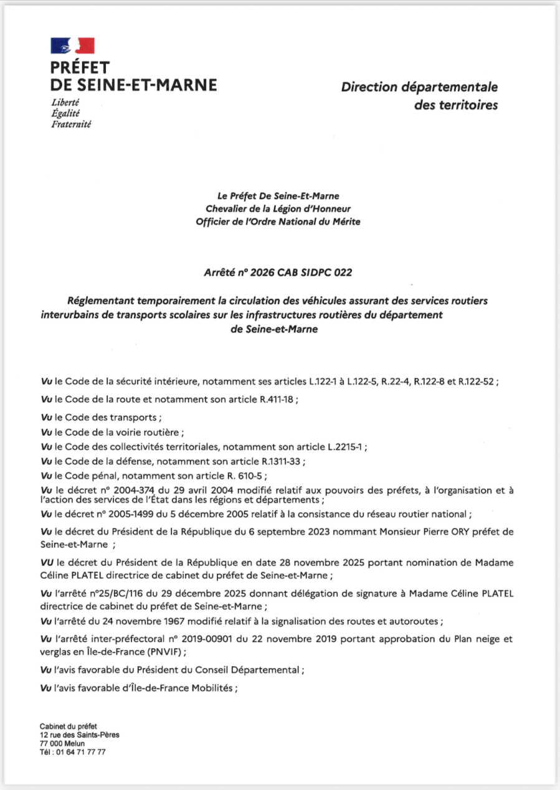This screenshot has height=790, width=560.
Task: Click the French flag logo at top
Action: tap(72, 45)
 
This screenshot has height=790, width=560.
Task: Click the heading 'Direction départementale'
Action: tap(419, 87)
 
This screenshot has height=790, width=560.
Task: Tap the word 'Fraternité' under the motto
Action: tap(71, 124)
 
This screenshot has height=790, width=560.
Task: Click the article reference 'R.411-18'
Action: tap(277, 400)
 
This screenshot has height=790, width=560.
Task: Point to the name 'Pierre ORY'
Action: tap(447, 532)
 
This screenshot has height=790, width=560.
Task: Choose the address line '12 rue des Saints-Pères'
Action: tap(80, 735)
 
